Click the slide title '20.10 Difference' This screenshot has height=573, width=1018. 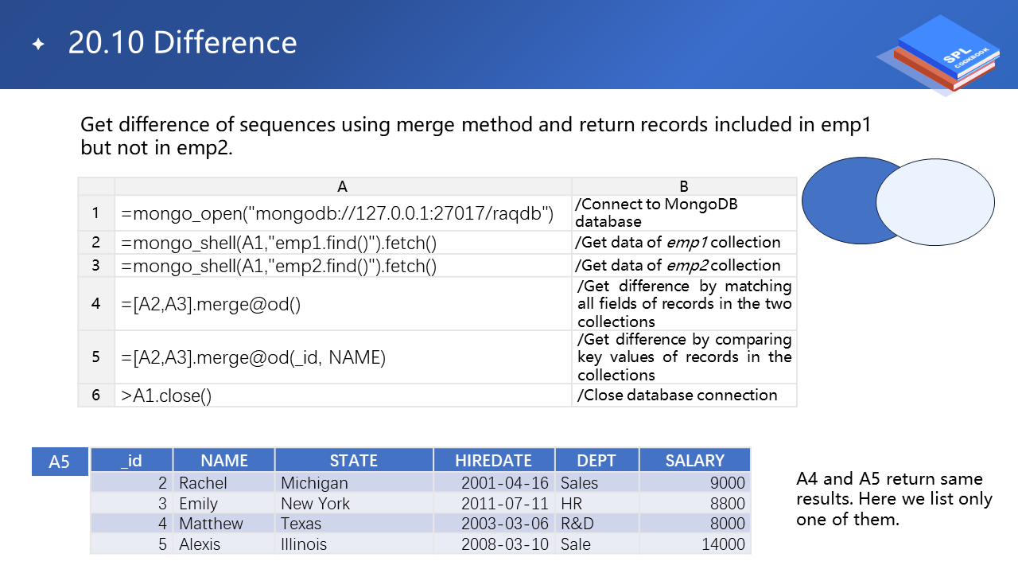[182, 43]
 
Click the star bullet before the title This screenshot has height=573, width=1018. [39, 44]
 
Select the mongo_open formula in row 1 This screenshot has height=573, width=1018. [337, 213]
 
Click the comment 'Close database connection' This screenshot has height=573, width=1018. [677, 396]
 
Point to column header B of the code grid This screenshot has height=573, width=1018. [683, 186]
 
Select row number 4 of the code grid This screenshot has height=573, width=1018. [95, 303]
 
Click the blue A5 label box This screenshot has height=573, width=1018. [60, 462]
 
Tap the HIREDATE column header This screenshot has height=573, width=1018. [494, 460]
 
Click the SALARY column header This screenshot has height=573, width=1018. [695, 460]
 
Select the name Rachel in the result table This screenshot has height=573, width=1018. [203, 482]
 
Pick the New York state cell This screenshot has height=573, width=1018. [316, 504]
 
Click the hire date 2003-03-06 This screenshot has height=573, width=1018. [505, 524]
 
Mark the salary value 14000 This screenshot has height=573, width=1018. [723, 544]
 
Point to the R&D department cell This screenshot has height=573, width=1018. [577, 524]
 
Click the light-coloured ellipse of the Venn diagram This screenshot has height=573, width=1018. [935, 202]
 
